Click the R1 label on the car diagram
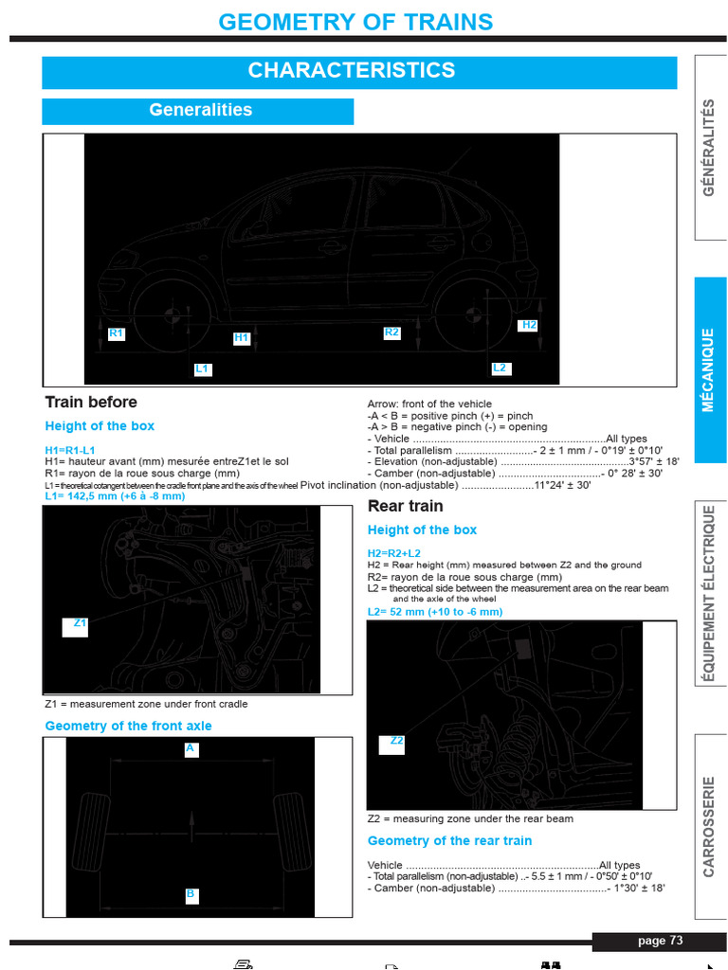pyautogui.click(x=116, y=333)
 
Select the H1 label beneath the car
pyautogui.click(x=241, y=337)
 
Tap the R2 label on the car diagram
pyautogui.click(x=391, y=332)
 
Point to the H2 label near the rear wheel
pyautogui.click(x=529, y=325)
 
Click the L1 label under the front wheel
pyautogui.click(x=202, y=368)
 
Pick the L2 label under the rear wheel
pyautogui.click(x=500, y=368)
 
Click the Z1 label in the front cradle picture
pyautogui.click(x=81, y=623)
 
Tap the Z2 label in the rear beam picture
pyautogui.click(x=396, y=741)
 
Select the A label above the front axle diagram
pyautogui.click(x=190, y=748)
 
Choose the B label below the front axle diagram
pyautogui.click(x=190, y=893)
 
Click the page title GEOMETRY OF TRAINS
pyautogui.click(x=355, y=22)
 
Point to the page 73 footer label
pyautogui.click(x=660, y=941)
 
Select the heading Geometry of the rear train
pyautogui.click(x=449, y=841)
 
